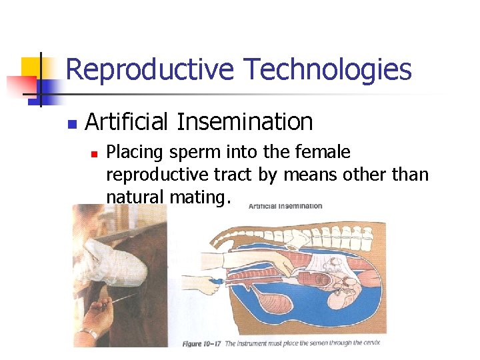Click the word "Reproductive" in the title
(150, 70)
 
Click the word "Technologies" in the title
(327, 70)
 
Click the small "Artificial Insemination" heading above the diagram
(285, 206)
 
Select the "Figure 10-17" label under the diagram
(202, 343)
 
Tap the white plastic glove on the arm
(109, 255)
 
